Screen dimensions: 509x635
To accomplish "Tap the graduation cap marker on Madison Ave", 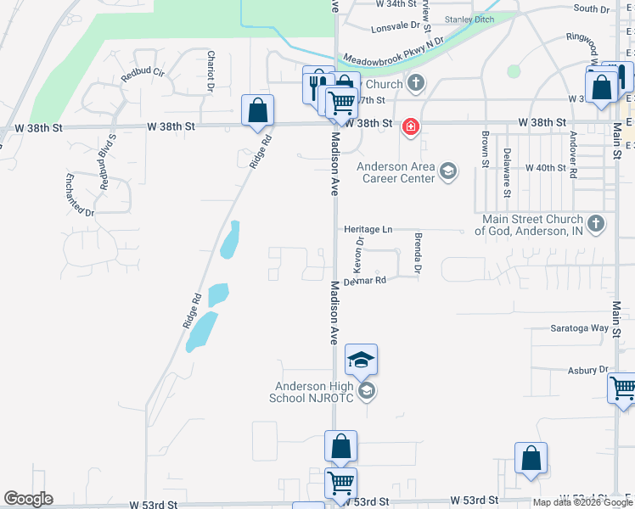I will pos(361,361).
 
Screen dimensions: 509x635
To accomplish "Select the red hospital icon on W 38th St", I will pos(411,127).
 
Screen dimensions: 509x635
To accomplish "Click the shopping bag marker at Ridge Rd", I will pos(257,111).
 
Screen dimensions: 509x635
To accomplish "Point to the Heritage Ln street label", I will pos(368,230).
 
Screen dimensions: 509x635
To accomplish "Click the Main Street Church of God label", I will pos(529,225).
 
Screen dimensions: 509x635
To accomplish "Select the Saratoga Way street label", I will pos(580,327).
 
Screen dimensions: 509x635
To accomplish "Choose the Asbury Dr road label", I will pos(588,371).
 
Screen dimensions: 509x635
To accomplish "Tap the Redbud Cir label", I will pos(139,73).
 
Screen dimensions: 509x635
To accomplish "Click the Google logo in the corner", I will pos(28,499).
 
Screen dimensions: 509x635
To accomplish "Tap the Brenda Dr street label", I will pos(418,252).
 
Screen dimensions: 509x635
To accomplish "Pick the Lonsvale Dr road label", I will pos(396,28).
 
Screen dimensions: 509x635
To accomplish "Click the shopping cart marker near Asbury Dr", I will pos(623,389).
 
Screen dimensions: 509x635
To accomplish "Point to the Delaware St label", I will pos(507,172).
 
